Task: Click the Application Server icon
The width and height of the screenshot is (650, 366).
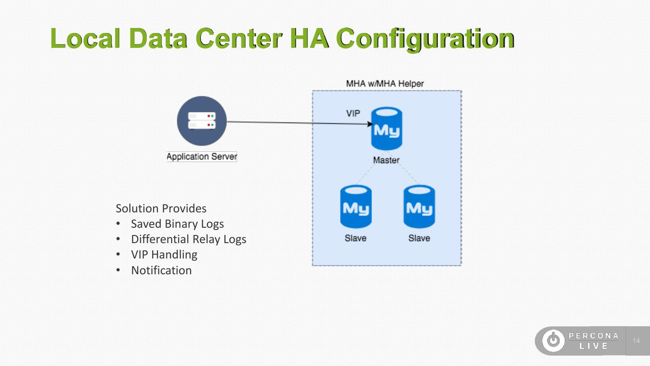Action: (202, 121)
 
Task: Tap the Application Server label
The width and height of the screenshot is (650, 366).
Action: (202, 157)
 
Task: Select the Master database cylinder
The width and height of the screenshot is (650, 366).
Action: (386, 129)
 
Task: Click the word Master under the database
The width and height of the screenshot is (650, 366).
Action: (386, 160)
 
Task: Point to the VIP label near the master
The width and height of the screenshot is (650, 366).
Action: (353, 113)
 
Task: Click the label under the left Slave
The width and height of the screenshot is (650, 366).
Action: (356, 238)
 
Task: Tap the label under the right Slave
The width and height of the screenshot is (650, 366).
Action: (419, 238)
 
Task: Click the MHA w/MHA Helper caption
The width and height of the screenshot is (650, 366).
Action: (385, 84)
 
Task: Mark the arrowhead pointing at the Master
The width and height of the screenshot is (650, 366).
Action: (370, 123)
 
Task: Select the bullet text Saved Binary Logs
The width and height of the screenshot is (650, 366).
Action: (177, 224)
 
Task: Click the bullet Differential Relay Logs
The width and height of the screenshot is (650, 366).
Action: (189, 239)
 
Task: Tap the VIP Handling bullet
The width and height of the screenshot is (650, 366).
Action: (164, 254)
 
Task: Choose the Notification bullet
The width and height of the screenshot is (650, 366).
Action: (162, 270)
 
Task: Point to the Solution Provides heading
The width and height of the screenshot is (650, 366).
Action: (161, 208)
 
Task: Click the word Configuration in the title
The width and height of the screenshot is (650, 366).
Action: (426, 38)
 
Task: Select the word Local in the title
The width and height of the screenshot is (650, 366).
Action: (86, 38)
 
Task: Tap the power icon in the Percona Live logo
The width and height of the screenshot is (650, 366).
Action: (553, 341)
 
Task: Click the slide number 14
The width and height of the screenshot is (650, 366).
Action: (636, 341)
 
